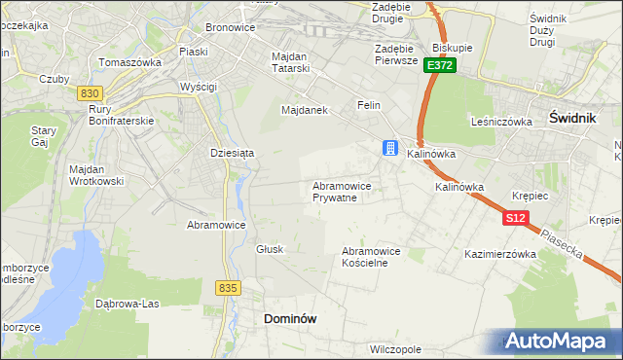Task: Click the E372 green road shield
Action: tap(439, 65)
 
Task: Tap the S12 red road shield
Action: tap(516, 219)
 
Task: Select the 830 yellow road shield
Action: tap(90, 92)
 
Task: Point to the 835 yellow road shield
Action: tap(229, 288)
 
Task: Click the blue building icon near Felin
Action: tap(390, 148)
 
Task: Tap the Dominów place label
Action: tap(290, 318)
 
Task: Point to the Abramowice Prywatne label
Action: tap(341, 191)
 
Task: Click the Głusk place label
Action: tap(270, 249)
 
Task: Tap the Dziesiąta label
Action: tap(232, 153)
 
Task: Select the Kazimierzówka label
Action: tap(501, 254)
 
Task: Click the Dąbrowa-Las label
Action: tap(127, 303)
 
